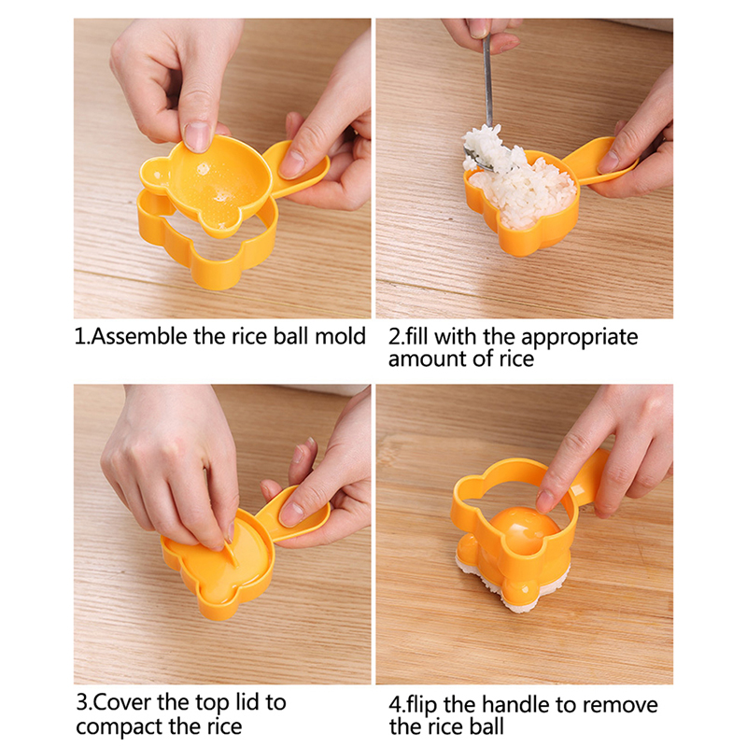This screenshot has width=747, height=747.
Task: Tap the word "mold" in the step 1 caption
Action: (x=341, y=336)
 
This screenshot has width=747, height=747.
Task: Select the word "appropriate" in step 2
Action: (x=579, y=338)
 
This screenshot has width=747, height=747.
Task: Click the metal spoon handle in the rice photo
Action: (x=487, y=81)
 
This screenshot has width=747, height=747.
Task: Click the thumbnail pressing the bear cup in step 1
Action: (x=197, y=136)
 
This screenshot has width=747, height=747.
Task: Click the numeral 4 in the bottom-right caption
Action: (x=395, y=705)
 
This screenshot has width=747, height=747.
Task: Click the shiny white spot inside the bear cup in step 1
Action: (x=204, y=169)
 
